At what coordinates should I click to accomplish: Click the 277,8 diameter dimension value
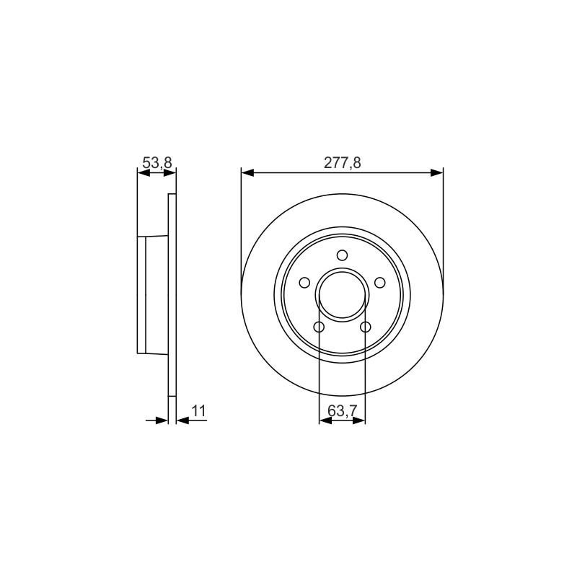tap(342, 162)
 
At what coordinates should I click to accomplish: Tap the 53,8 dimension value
tap(157, 162)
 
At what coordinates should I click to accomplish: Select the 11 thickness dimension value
tap(198, 410)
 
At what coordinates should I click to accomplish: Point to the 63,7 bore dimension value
tap(342, 410)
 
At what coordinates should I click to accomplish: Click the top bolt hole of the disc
tap(342, 255)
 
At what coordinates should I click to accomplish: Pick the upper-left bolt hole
tap(304, 283)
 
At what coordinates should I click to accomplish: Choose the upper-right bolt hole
tap(380, 283)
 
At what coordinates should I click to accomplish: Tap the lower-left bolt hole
tap(319, 327)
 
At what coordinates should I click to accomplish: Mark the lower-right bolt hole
tap(366, 327)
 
